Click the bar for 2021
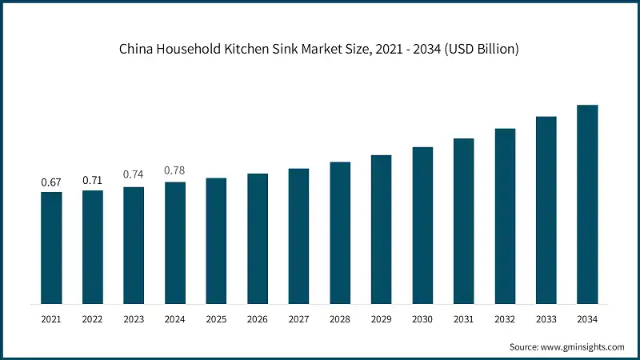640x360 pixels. (51, 248)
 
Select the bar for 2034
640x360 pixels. (588, 204)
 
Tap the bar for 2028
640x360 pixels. (340, 233)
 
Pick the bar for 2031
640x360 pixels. (464, 221)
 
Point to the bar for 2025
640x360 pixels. (216, 241)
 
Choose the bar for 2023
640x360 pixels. (134, 246)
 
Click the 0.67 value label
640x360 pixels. (51, 182)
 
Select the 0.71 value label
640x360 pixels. (93, 180)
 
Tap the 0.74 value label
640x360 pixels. (134, 174)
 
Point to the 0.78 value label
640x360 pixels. (175, 170)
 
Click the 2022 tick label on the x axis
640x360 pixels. (93, 318)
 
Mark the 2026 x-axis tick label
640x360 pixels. (258, 318)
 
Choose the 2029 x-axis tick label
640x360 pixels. (382, 318)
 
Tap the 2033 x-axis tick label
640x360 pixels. (546, 318)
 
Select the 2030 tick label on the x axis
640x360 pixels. (422, 318)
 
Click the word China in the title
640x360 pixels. (137, 50)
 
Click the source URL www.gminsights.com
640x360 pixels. (583, 347)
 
